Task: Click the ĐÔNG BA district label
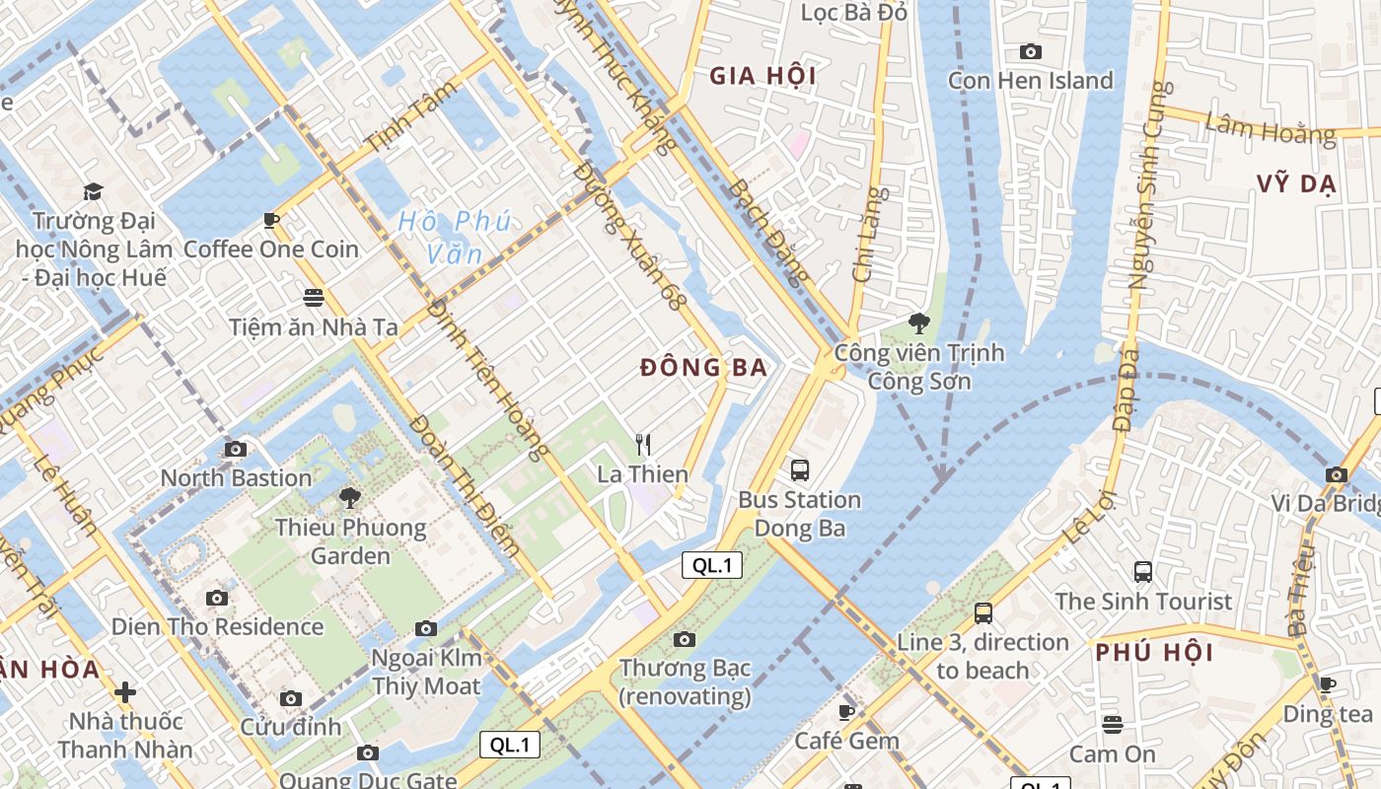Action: click(703, 368)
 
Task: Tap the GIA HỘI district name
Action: click(763, 76)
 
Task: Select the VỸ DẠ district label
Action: click(1296, 183)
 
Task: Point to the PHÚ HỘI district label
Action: click(1154, 652)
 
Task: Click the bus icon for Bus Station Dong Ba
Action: click(800, 470)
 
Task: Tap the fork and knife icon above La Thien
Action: click(643, 445)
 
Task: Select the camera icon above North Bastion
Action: click(236, 450)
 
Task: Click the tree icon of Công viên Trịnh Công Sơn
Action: click(918, 323)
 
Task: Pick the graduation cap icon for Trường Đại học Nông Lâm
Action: click(93, 191)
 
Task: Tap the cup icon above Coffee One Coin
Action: click(271, 220)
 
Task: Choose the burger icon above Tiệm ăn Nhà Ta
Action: click(314, 297)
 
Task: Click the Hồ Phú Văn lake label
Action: click(455, 237)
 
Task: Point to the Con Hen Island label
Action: click(1030, 81)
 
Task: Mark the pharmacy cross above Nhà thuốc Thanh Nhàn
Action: click(125, 691)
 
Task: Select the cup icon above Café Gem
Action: click(846, 712)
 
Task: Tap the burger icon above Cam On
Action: click(1113, 725)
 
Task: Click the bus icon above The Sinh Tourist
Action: click(1143, 571)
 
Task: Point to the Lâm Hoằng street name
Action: click(1270, 128)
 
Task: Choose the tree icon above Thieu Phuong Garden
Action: click(349, 498)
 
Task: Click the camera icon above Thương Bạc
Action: click(685, 640)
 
